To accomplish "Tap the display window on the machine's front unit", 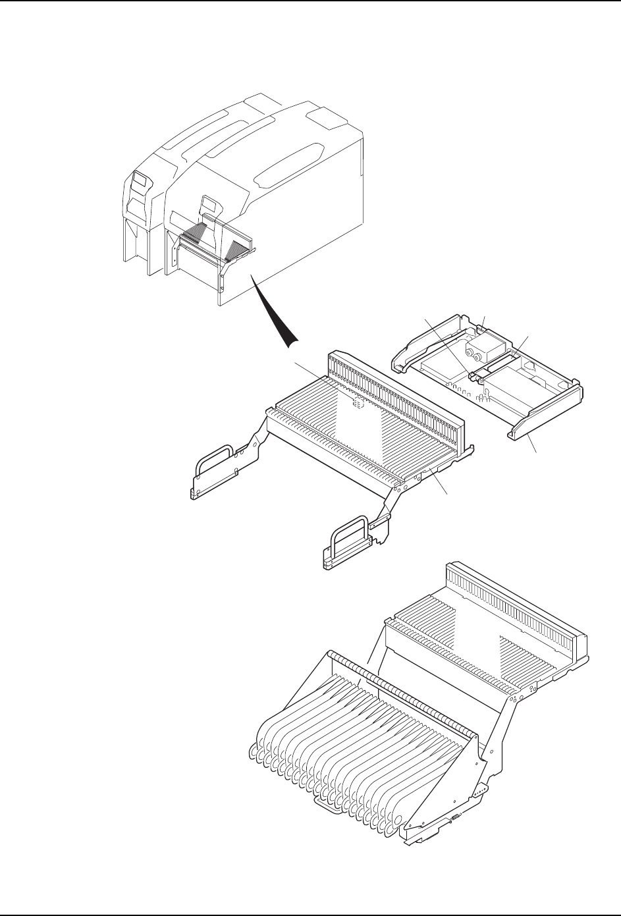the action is point(209,203).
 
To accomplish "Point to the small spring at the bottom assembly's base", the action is point(454,818).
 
